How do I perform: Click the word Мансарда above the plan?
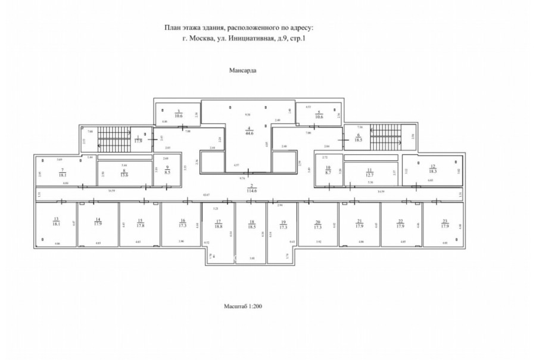[243, 70]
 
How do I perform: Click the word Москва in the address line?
[205, 39]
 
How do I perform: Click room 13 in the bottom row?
[57, 222]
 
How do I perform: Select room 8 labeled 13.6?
[124, 173]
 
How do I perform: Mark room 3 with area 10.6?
[177, 113]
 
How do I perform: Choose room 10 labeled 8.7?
[328, 169]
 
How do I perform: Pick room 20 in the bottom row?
[318, 224]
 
